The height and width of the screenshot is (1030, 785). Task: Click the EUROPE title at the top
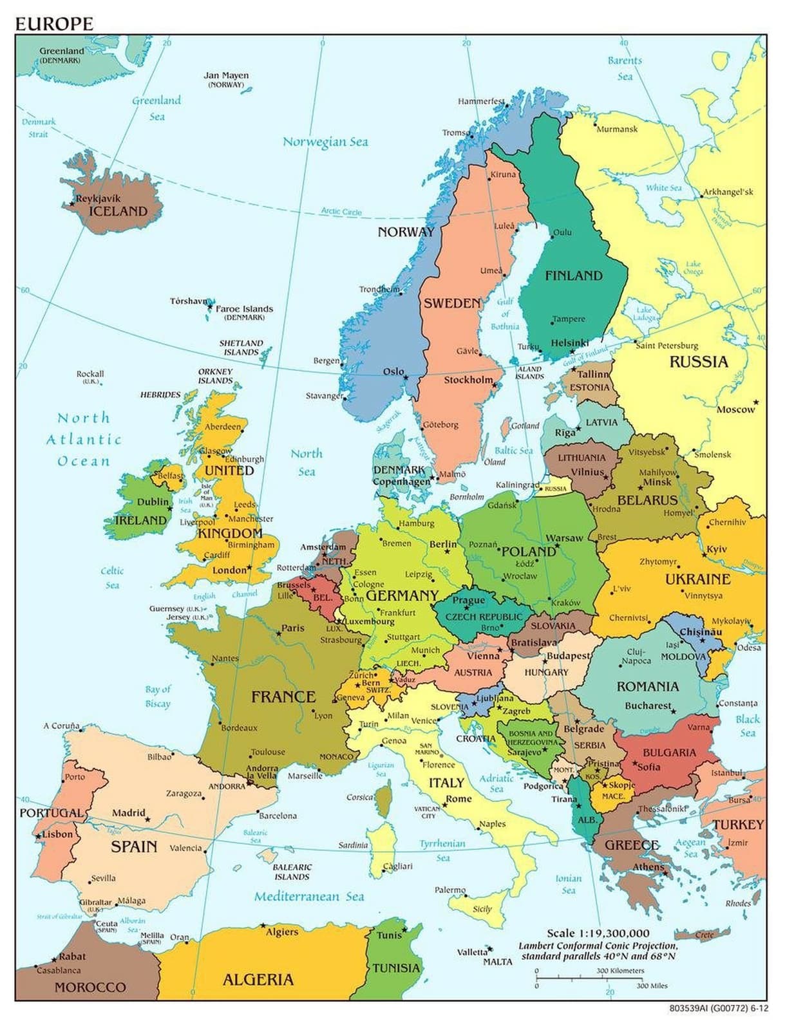click(x=54, y=24)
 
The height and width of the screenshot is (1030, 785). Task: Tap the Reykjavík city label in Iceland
click(x=98, y=198)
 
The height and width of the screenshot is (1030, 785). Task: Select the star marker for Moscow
click(x=757, y=403)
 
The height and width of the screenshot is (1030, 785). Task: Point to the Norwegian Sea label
click(x=325, y=142)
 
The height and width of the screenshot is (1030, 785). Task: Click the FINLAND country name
click(x=573, y=276)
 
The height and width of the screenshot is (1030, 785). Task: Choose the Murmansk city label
click(x=616, y=129)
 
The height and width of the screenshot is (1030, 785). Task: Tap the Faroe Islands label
click(x=244, y=309)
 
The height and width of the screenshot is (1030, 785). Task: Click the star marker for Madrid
click(x=147, y=819)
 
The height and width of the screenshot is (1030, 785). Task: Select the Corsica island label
click(x=359, y=797)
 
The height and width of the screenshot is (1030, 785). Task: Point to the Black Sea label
click(x=747, y=726)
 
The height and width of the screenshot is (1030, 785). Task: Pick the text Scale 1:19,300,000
click(x=598, y=933)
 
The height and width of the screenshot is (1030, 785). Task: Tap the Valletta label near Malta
click(x=471, y=952)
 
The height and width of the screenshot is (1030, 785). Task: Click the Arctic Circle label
click(x=341, y=211)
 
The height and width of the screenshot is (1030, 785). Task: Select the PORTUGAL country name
click(x=52, y=813)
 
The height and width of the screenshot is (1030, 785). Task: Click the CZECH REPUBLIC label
click(x=484, y=616)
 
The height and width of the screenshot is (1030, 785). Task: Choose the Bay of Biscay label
click(x=158, y=696)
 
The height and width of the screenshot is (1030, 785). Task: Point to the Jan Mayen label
click(x=226, y=75)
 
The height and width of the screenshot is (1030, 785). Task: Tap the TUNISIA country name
click(x=395, y=968)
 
